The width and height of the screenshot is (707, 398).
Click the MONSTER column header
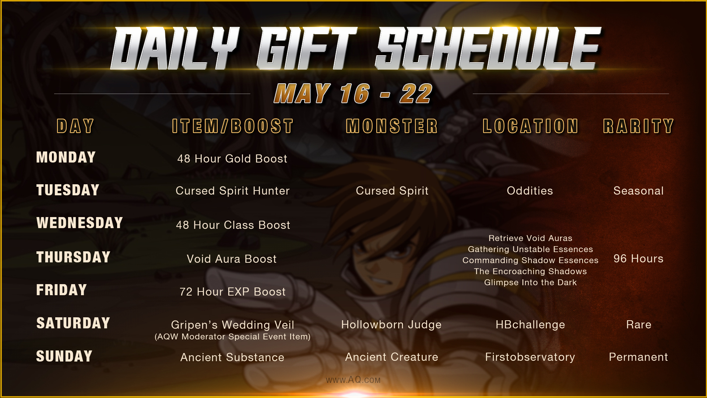pos(392,126)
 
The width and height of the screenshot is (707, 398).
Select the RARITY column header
pos(639,126)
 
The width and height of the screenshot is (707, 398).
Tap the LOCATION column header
pos(531,126)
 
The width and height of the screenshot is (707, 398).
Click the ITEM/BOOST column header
pos(233,126)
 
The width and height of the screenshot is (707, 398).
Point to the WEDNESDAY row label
pos(80,223)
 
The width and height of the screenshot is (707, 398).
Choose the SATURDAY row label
pos(73,323)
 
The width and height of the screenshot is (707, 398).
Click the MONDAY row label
pos(66,157)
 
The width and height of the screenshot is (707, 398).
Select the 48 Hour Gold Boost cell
pos(232,158)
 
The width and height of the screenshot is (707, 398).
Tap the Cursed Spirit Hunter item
pos(233,191)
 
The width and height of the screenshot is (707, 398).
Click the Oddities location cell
pos(530,191)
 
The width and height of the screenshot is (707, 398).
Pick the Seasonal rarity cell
pos(639,191)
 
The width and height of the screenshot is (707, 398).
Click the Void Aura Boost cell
pos(232,259)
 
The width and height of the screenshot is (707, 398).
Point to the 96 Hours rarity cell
pos(639,258)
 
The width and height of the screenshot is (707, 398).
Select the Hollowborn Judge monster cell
pos(391,325)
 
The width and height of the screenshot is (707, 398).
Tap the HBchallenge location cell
pos(530,325)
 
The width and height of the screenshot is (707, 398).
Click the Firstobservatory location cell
pos(530,357)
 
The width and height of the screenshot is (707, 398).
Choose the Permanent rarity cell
pos(639,357)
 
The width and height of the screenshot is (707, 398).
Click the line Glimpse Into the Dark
pos(531,282)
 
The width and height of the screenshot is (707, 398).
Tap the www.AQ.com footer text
pos(353,380)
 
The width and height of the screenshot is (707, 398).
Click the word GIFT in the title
pos(307,49)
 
